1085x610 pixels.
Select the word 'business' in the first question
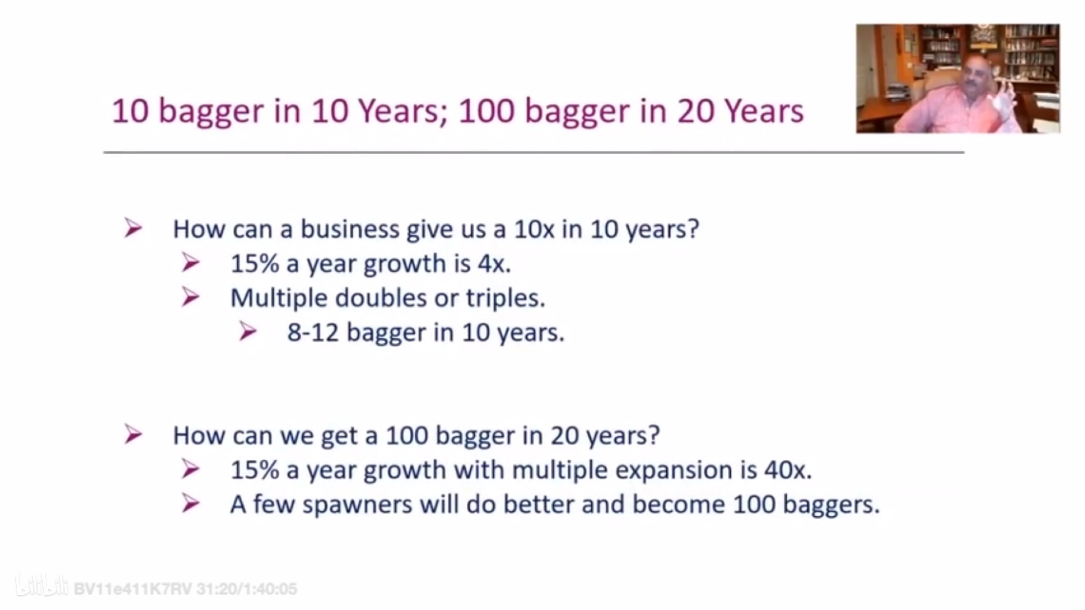point(350,229)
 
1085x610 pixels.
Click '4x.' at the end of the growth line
point(494,264)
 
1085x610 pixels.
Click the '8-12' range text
point(313,333)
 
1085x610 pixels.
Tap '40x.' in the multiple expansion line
point(788,470)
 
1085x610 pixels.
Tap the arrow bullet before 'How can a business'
point(133,228)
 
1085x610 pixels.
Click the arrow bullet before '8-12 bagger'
point(248,332)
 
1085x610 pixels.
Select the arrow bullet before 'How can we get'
point(133,434)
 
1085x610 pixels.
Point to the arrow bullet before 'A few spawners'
point(190,503)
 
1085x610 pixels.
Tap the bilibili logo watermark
point(41,585)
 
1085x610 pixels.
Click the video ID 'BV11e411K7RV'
point(133,589)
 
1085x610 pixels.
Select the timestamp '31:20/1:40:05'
point(247,589)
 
